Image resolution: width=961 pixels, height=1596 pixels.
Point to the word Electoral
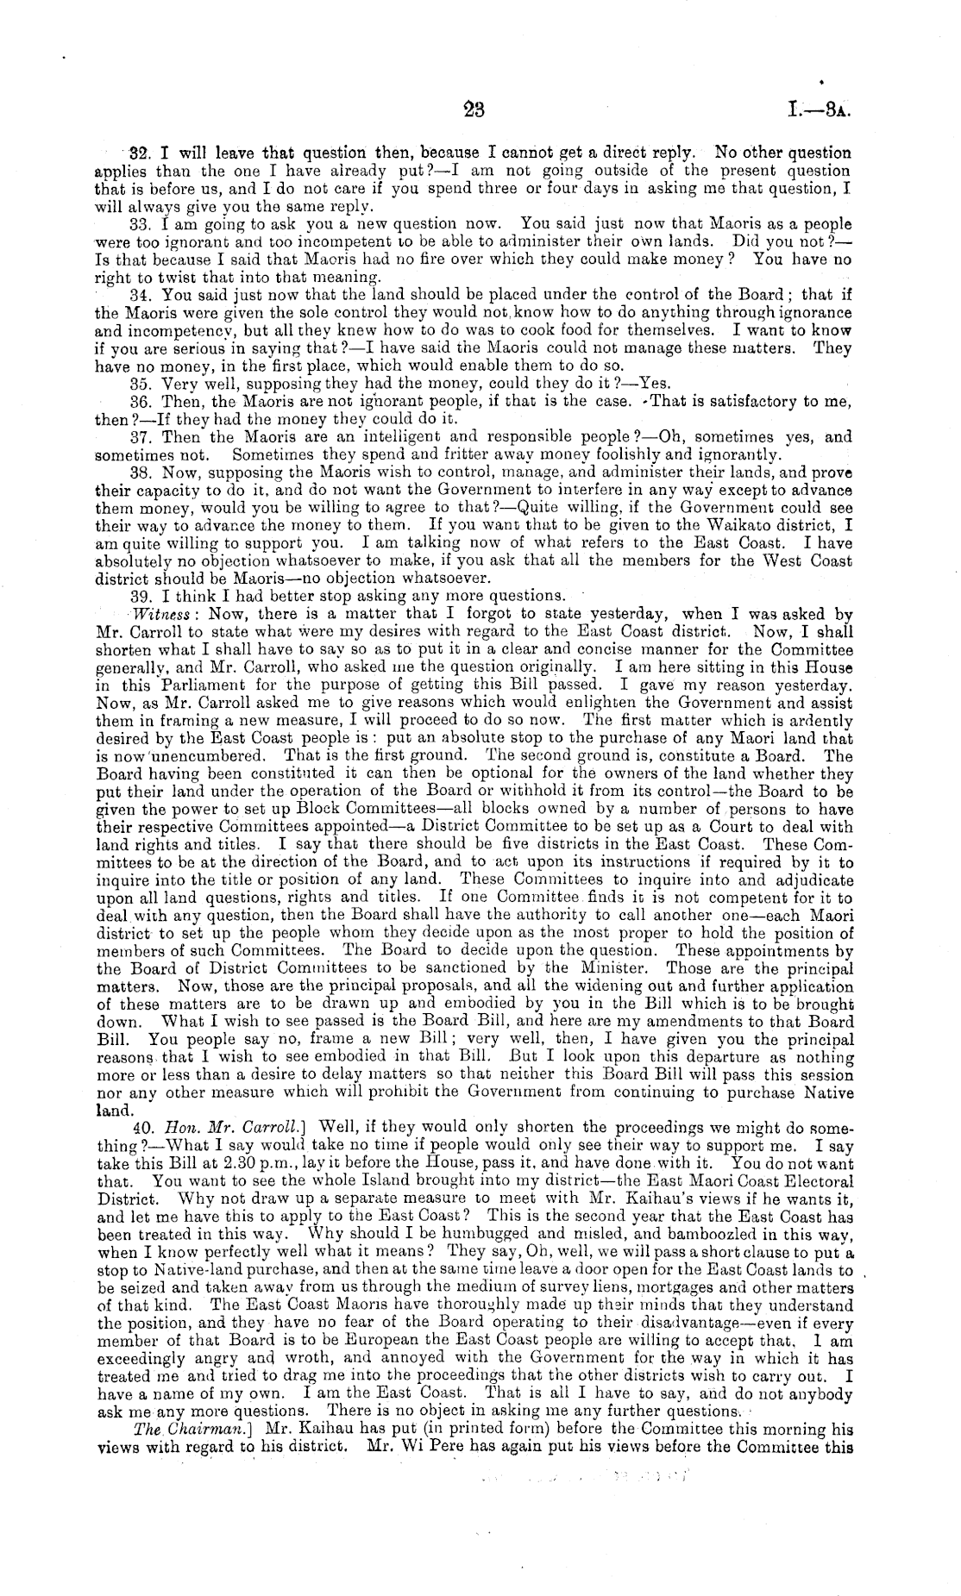[814, 1180]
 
